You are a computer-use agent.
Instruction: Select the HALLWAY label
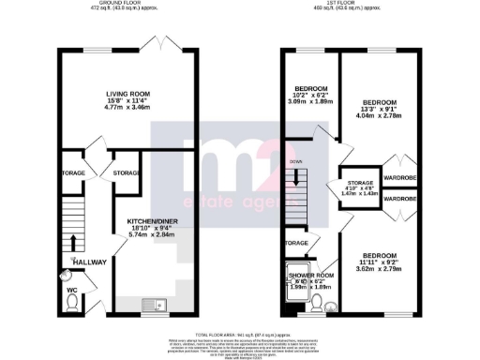point(90,262)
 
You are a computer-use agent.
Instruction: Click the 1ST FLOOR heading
point(347,5)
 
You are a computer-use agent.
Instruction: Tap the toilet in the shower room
point(318,302)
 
